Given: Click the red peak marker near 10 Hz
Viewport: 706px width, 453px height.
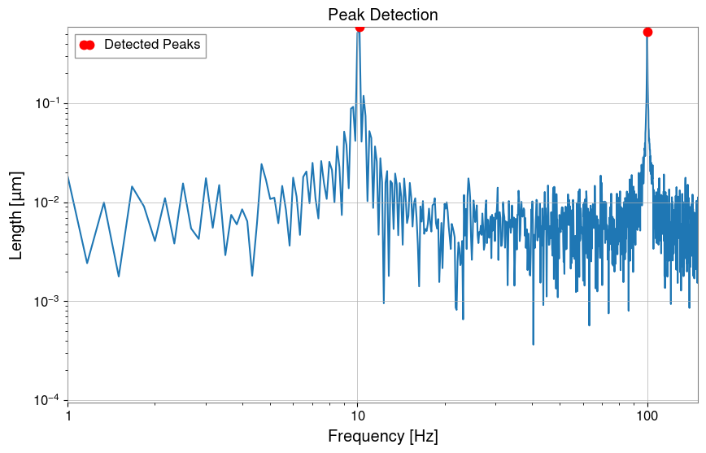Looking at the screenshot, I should [360, 27].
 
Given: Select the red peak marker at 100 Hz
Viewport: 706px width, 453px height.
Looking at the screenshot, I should [647, 32].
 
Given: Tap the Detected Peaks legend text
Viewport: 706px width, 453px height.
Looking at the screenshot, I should [151, 45].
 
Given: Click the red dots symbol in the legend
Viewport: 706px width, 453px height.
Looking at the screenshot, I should [86, 46].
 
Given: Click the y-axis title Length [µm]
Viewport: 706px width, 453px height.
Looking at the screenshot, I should [16, 215].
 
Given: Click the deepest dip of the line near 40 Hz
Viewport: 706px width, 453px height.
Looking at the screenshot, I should [534, 344].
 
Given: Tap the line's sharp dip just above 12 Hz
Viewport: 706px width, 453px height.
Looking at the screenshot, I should [383, 303].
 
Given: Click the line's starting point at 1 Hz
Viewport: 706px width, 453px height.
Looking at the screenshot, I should [68, 176].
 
